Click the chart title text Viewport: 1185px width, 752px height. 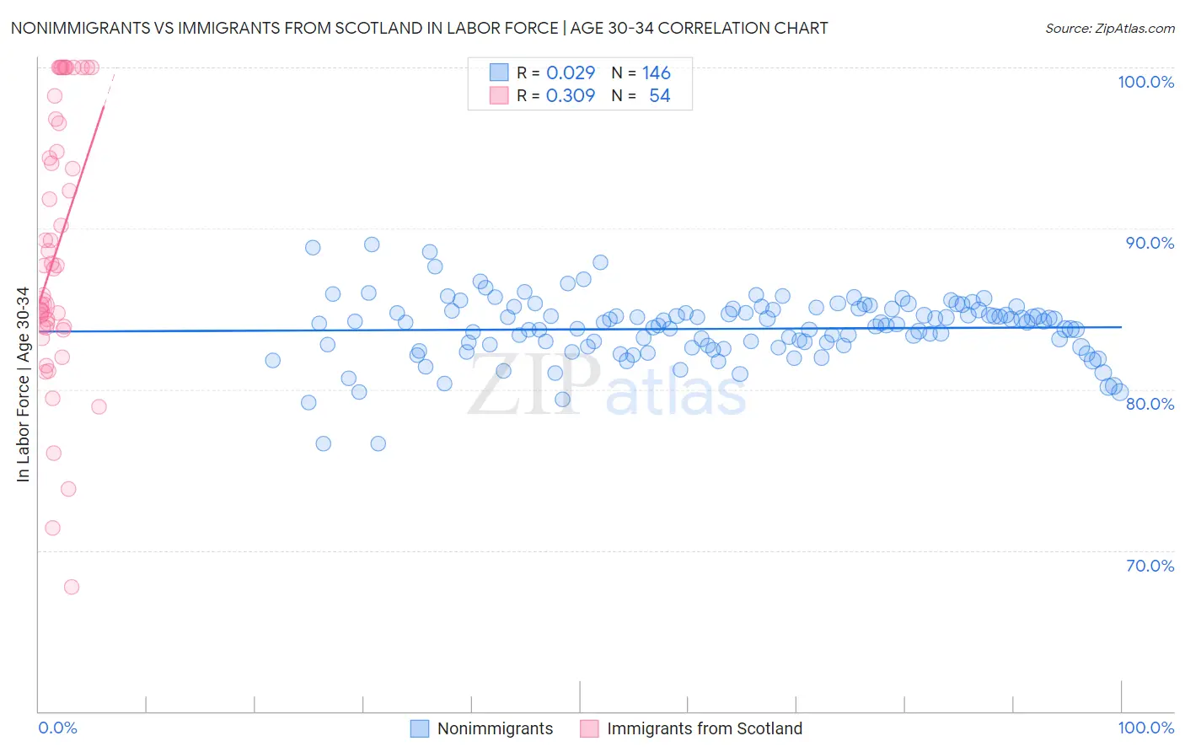[419, 28]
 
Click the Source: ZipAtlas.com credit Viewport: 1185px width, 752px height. [1109, 28]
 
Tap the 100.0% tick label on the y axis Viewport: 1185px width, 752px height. [1145, 82]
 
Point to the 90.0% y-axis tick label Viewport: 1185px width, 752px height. [1150, 243]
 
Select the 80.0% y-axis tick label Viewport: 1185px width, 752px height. [1150, 404]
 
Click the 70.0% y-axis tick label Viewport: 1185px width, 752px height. [1150, 566]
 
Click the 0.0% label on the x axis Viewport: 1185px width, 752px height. [57, 728]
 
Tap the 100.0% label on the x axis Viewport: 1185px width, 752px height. [1145, 728]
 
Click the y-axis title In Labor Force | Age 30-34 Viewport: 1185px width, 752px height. [23, 384]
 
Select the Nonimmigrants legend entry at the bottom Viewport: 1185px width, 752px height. [495, 728]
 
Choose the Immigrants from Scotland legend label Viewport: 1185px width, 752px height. [704, 728]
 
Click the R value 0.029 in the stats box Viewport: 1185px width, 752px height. [571, 73]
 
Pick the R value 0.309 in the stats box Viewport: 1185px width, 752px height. [571, 96]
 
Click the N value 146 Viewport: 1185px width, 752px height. [657, 73]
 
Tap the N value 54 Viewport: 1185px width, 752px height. [659, 96]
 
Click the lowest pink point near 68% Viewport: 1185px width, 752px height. [72, 587]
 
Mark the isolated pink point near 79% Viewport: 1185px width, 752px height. [99, 406]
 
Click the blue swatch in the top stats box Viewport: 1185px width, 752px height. [499, 73]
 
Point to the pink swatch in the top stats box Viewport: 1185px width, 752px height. [499, 96]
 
